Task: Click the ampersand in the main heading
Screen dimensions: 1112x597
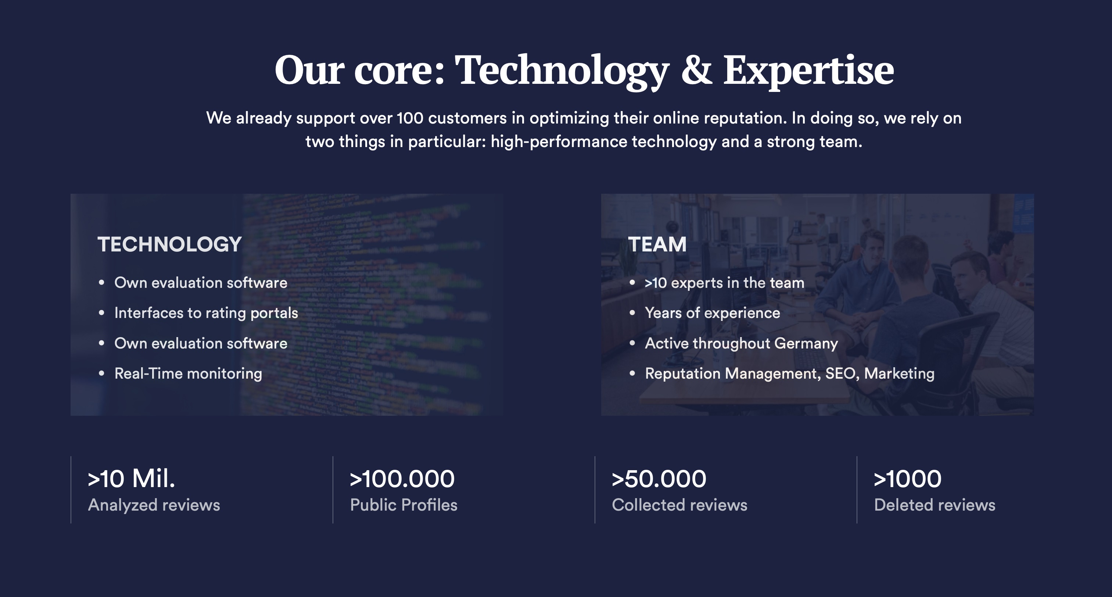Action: point(696,69)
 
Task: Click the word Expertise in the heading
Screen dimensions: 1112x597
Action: point(808,72)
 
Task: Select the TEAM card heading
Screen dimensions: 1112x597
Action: point(657,244)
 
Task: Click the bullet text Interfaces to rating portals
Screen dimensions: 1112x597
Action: point(206,313)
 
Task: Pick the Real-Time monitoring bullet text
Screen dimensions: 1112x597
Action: point(188,373)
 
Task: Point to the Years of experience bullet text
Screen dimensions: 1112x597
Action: point(712,313)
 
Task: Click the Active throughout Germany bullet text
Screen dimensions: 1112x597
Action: point(741,343)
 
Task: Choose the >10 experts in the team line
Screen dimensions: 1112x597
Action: point(724,283)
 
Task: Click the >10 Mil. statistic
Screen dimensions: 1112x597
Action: point(131,479)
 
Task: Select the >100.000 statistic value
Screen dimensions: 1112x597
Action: point(402,479)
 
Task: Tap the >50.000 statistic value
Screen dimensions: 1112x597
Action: point(659,479)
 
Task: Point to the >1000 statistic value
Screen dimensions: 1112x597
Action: point(907,479)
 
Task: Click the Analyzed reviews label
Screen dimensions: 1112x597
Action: point(154,505)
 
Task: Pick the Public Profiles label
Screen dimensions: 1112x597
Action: point(403,505)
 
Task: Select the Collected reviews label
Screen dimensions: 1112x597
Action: point(679,505)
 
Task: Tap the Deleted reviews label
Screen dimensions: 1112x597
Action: point(935,505)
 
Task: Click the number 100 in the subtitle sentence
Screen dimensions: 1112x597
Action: point(410,118)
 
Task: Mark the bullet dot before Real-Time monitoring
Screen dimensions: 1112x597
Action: point(101,373)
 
